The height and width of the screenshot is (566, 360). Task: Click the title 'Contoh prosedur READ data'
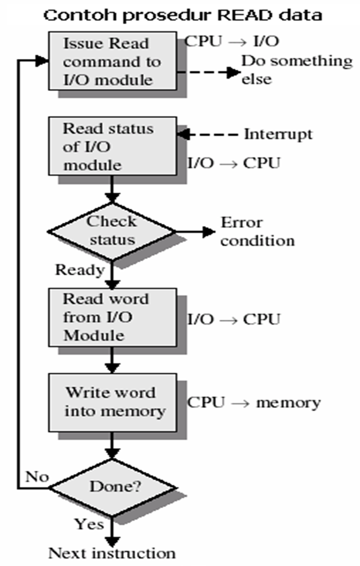coord(183,14)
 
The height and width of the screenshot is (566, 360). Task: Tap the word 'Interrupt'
coord(278,133)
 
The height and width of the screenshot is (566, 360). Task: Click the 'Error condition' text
coord(258,231)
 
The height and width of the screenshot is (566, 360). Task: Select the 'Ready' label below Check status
coord(79,270)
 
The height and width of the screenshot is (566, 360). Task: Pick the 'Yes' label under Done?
coord(89,523)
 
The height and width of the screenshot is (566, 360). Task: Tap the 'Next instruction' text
coord(112,553)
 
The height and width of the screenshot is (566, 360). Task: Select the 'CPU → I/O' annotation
coord(232,41)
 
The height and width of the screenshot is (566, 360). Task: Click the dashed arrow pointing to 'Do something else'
coord(209,72)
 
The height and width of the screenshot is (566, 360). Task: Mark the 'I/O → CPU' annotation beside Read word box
coord(234,320)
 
